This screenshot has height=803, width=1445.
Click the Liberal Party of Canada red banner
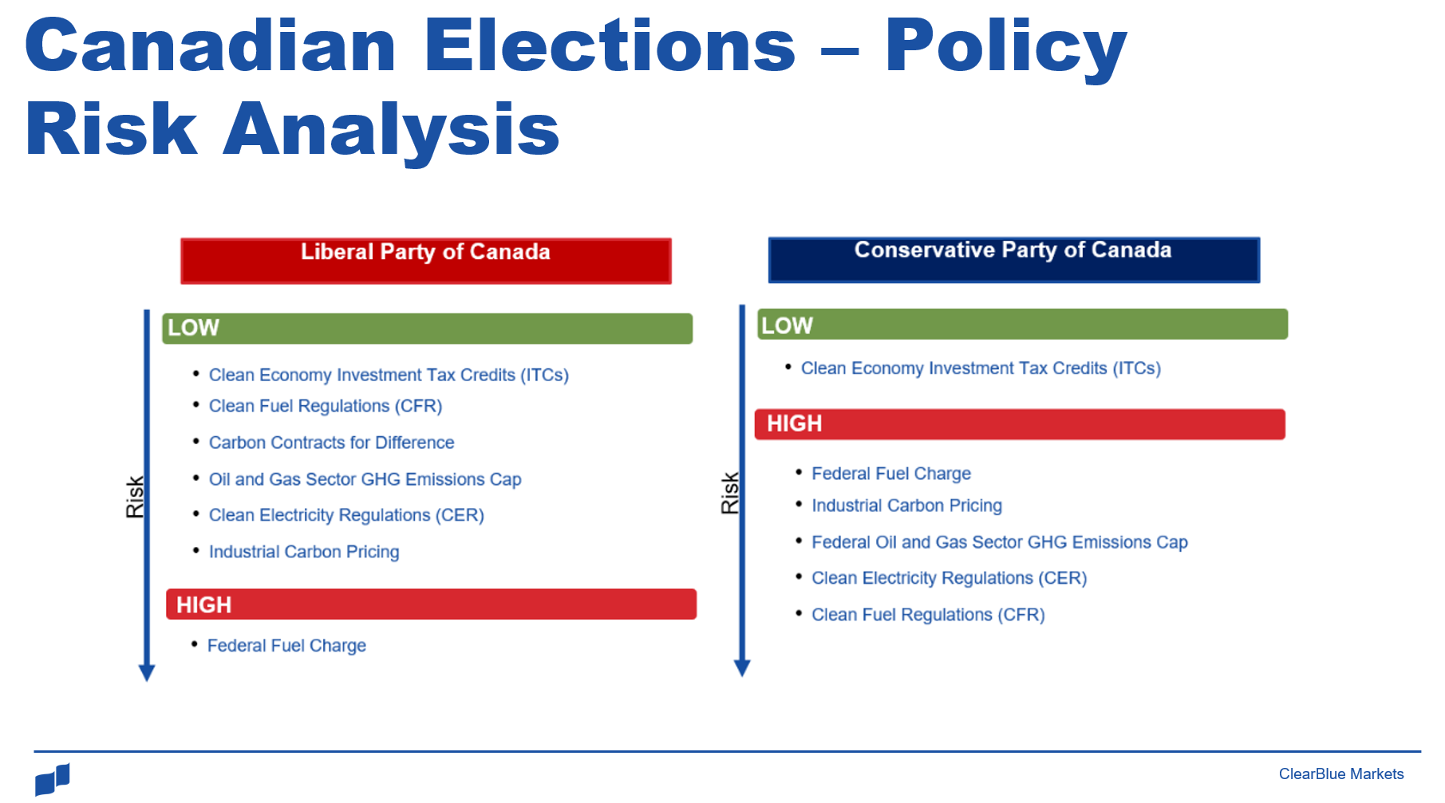click(x=426, y=261)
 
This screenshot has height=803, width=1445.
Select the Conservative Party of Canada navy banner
click(x=1014, y=259)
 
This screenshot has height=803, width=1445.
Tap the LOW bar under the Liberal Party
click(x=428, y=328)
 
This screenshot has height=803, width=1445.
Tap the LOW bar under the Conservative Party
click(x=1023, y=324)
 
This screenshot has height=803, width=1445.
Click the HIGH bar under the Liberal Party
click(x=432, y=604)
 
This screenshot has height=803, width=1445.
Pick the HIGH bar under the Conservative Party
click(x=1021, y=424)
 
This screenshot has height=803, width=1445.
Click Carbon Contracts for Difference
click(x=331, y=443)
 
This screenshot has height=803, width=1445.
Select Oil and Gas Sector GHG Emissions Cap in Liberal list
click(x=365, y=479)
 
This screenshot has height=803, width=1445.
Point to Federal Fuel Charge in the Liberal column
click(x=286, y=646)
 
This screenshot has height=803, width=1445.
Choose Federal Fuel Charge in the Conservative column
click(x=891, y=474)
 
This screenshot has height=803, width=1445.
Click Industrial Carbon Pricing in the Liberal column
click(x=304, y=552)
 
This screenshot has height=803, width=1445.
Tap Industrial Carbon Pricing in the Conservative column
click(x=907, y=506)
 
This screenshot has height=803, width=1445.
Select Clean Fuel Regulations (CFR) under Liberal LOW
click(x=326, y=406)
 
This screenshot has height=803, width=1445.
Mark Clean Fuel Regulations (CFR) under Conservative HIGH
click(x=928, y=615)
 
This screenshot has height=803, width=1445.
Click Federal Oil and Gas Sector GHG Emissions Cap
click(x=1000, y=542)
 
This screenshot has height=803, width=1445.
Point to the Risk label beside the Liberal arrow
click(x=135, y=497)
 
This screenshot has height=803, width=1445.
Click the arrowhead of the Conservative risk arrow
click(x=742, y=668)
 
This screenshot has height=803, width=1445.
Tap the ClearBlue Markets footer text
click(x=1341, y=774)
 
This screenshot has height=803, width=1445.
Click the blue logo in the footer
click(x=53, y=779)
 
